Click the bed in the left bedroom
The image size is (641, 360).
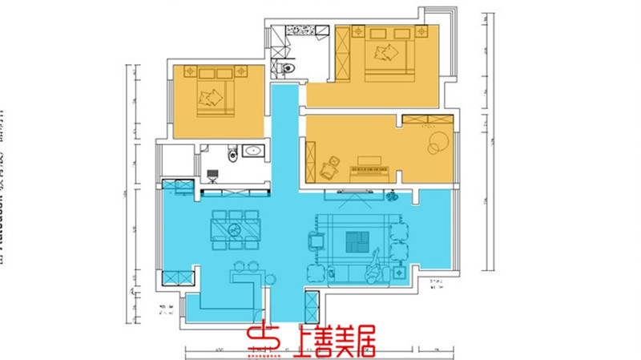[215, 95]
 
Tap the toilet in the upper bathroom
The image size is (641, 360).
[287, 68]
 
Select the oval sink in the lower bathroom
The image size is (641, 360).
[253, 150]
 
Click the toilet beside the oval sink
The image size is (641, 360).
[232, 152]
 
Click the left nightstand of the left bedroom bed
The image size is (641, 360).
[190, 71]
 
